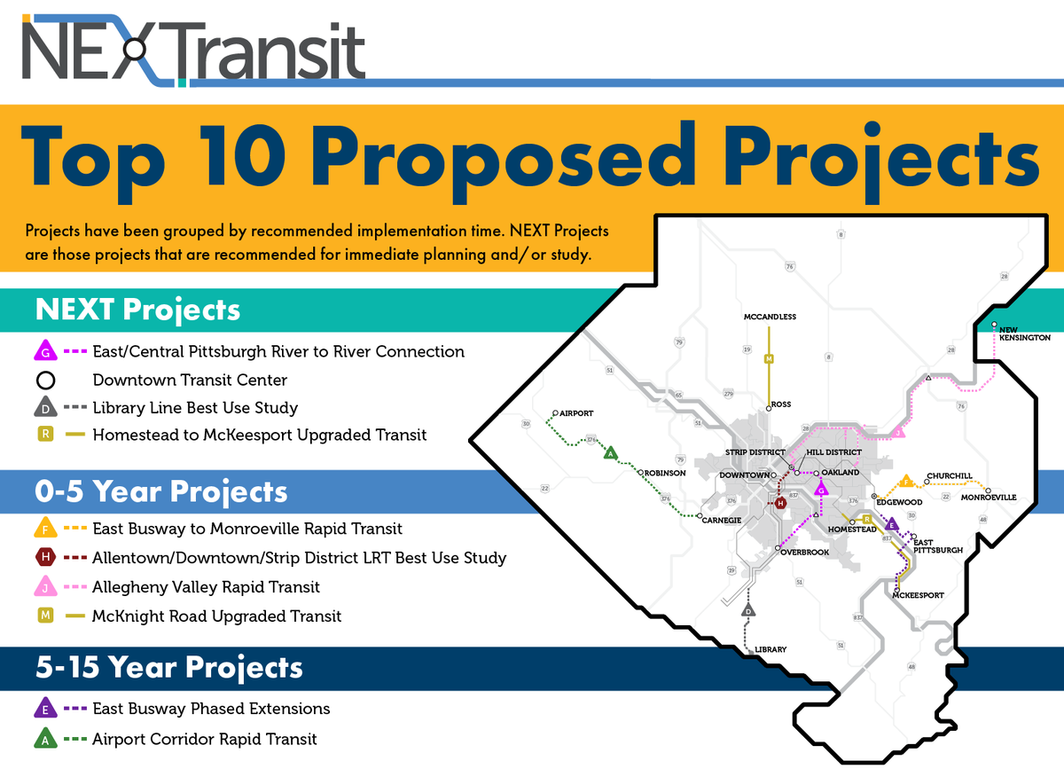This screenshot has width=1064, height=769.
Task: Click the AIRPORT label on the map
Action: coord(576,413)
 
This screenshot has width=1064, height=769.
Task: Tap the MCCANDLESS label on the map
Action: coord(770,317)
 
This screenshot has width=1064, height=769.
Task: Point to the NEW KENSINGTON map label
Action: coord(1025,333)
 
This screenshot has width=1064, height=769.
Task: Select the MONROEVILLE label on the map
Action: coord(989,498)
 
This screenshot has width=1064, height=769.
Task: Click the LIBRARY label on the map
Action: coord(771,650)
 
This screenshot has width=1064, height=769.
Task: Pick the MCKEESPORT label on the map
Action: coord(919,595)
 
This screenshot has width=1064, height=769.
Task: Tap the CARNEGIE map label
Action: coord(722,521)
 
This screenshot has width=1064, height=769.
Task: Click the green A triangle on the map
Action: coord(611,453)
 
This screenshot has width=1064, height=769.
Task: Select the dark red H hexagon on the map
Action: coord(780,503)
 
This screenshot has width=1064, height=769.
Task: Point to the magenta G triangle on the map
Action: coord(821,489)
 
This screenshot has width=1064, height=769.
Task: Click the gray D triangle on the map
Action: coord(748,611)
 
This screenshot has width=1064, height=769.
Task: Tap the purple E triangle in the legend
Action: coord(45,708)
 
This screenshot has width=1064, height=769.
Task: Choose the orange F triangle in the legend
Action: coord(45,528)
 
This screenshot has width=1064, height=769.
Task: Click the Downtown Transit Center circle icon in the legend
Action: coord(45,381)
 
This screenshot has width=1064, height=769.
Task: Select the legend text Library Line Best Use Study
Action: coord(195,408)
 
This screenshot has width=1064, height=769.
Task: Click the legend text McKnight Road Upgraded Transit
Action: coord(216,616)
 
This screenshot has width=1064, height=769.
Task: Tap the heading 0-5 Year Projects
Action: coord(161,491)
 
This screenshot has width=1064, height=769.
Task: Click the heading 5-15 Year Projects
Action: coord(168,667)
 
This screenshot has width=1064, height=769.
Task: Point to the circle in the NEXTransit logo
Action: coord(136,49)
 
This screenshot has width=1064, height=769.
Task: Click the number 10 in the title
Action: coord(242,155)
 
